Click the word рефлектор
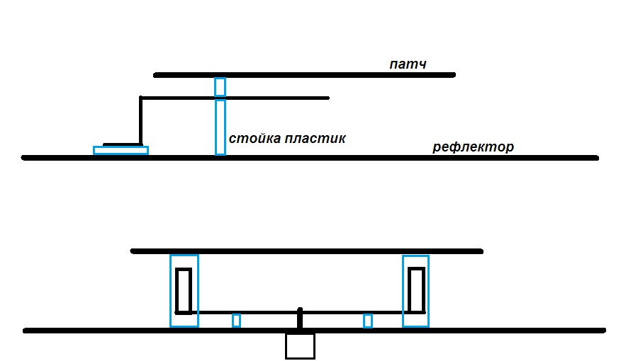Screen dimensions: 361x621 point(473,147)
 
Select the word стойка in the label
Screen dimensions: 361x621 point(251,138)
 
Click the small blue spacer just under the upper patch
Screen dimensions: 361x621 point(220,87)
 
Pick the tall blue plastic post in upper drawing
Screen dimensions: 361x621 point(220,127)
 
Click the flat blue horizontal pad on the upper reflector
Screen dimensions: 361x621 point(121,150)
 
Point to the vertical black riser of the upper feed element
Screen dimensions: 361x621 point(140,120)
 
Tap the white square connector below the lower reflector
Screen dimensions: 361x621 point(300,346)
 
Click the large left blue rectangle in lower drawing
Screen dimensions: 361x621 point(184,290)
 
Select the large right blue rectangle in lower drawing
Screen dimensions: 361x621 point(415,290)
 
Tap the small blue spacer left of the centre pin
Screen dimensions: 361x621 point(236,321)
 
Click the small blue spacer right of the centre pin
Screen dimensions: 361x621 point(367,321)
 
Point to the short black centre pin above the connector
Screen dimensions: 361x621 point(300,318)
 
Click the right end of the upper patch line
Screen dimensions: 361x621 point(452,74)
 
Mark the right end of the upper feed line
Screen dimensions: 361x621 point(328,98)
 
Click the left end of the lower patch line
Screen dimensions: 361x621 point(133,251)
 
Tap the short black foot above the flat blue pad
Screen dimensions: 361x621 point(121,144)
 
